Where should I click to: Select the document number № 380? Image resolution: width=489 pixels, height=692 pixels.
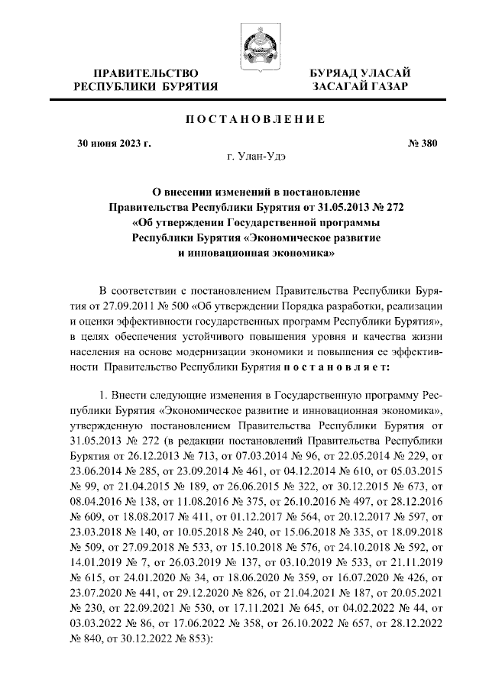(396, 142)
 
